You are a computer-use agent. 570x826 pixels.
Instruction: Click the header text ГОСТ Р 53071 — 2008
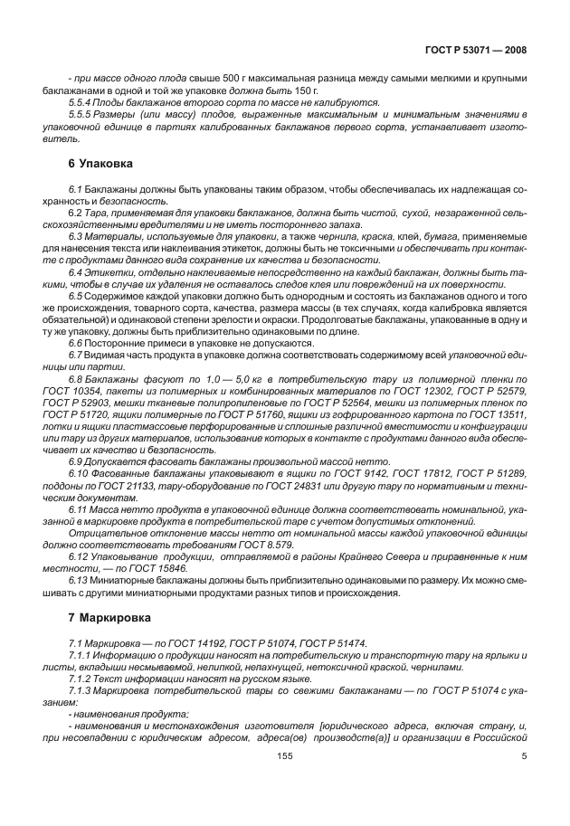[x=480, y=51]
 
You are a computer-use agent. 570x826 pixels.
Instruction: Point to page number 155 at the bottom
[x=285, y=782]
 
